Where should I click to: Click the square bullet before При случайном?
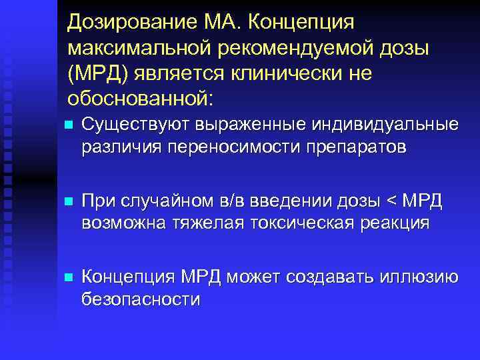pos(64,201)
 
